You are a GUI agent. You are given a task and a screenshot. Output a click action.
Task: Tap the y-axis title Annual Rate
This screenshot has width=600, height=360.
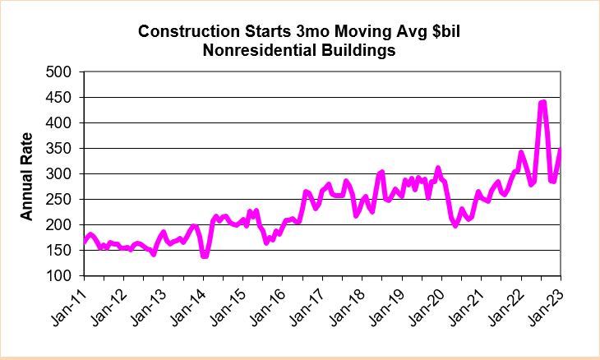coord(26,176)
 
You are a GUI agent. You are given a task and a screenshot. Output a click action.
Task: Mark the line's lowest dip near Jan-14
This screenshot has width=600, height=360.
coord(204,256)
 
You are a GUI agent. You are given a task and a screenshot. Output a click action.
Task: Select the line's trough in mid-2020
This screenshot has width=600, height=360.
coord(455,224)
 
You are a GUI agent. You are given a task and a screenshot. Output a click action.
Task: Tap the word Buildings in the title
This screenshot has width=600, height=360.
coord(357,49)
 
